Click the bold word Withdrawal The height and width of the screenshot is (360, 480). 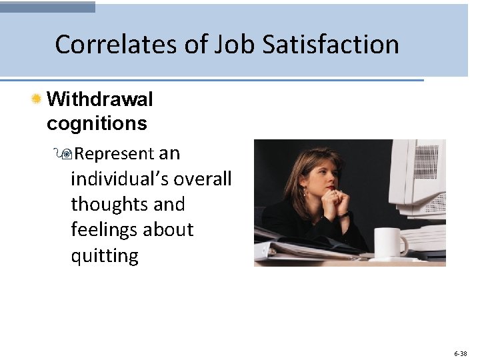click(100, 100)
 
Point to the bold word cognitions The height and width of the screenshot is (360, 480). click(97, 123)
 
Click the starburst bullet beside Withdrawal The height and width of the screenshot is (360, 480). click(37, 100)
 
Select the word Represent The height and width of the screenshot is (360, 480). click(114, 154)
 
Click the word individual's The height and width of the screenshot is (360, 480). click(119, 179)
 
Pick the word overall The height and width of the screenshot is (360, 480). click(203, 179)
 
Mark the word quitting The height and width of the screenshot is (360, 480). click(105, 255)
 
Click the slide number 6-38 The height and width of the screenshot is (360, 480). click(460, 353)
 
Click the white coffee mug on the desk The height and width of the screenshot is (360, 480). click(391, 242)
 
